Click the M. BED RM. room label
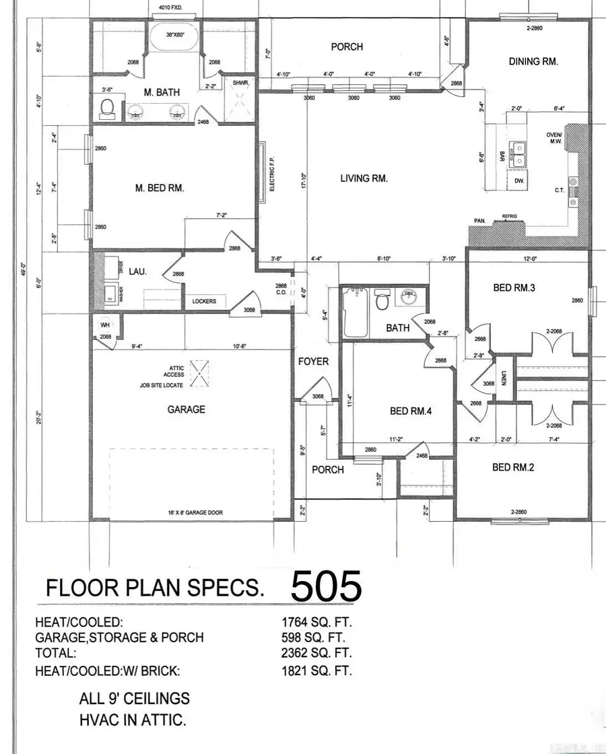(x=160, y=188)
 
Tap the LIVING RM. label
(x=363, y=178)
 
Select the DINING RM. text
(x=534, y=61)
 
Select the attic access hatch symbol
(x=199, y=372)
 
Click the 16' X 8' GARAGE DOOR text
(x=195, y=512)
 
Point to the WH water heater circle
(x=105, y=324)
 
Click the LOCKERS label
(x=204, y=301)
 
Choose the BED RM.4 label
(x=410, y=411)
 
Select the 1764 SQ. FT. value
(x=316, y=623)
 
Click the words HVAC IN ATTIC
(x=133, y=720)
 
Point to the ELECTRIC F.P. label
(x=271, y=174)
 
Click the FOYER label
(x=313, y=362)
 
